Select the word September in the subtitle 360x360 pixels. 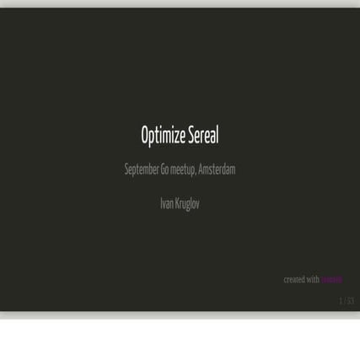tap(142, 169)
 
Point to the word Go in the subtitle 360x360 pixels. tap(164, 169)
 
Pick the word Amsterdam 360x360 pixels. tap(218, 169)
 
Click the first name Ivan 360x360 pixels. tap(167, 204)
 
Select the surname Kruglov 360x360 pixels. tap(188, 204)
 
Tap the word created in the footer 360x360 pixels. tap(295, 280)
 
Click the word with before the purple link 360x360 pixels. tap(314, 280)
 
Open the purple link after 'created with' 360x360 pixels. tap(331, 280)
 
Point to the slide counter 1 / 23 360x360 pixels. tap(347, 301)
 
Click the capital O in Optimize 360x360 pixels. tap(144, 136)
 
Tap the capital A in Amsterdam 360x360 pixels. tap(201, 169)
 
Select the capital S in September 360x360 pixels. tap(126, 169)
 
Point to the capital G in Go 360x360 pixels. tap(163, 169)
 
